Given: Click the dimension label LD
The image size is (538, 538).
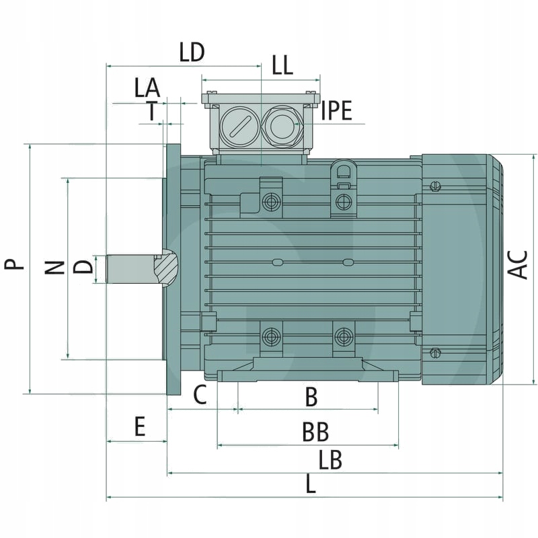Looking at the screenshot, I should [x=192, y=52].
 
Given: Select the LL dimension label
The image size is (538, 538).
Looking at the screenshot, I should [x=282, y=65].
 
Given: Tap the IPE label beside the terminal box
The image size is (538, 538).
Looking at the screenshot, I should [x=336, y=111].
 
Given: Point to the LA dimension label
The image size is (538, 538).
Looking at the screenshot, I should [x=147, y=87].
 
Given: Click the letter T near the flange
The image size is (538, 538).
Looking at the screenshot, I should [x=154, y=111].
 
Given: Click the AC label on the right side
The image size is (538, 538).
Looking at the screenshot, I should [x=518, y=264].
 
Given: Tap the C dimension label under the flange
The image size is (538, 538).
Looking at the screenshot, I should [x=200, y=395].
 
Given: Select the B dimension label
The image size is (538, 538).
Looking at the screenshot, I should [x=311, y=397].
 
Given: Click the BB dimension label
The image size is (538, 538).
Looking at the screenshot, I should [x=315, y=432].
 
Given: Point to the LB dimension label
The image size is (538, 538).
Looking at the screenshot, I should [x=331, y=461].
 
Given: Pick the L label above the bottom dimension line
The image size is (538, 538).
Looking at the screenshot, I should [x=310, y=485].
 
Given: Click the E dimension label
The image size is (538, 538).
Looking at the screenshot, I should [x=140, y=427].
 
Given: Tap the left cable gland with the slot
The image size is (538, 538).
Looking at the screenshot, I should [x=239, y=125].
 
